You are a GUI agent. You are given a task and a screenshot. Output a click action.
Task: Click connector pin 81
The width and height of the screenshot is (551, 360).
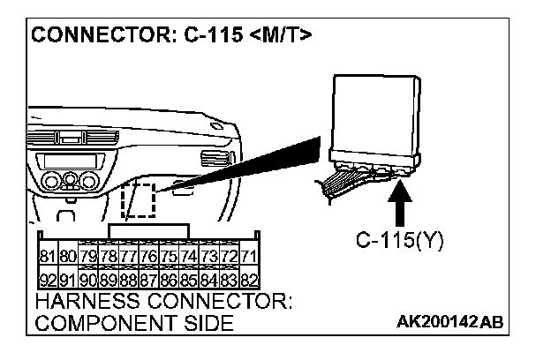click(47, 257)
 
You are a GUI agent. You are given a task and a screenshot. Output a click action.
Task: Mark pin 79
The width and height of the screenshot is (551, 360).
click(87, 257)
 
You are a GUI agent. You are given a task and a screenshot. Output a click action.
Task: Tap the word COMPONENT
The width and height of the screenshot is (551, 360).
click(102, 324)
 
